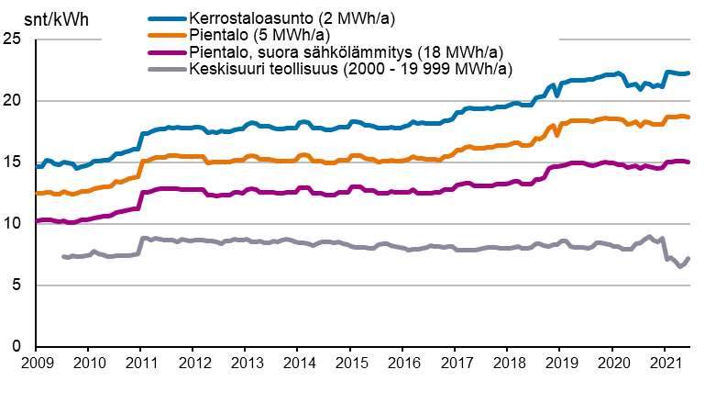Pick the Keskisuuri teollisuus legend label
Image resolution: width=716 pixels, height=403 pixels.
(x=349, y=68)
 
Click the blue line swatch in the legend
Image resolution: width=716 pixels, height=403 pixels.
(x=167, y=17)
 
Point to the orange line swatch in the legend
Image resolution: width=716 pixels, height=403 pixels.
(x=167, y=34)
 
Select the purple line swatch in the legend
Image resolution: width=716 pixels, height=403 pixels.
(x=167, y=51)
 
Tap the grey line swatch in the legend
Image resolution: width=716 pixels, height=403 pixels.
(x=167, y=68)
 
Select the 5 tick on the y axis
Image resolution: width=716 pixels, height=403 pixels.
(x=17, y=285)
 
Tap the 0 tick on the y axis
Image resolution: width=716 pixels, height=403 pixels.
(x=17, y=347)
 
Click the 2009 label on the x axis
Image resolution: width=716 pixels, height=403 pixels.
(x=36, y=364)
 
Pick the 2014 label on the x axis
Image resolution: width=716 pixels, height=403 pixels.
(x=298, y=364)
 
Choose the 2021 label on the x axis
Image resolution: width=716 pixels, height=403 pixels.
(x=665, y=364)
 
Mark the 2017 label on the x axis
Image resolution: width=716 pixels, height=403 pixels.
(x=456, y=364)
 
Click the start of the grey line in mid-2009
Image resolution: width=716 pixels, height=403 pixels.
(x=62, y=256)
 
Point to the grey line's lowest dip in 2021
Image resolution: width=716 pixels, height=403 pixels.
(x=680, y=266)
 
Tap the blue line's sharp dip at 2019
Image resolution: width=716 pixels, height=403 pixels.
(x=557, y=95)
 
